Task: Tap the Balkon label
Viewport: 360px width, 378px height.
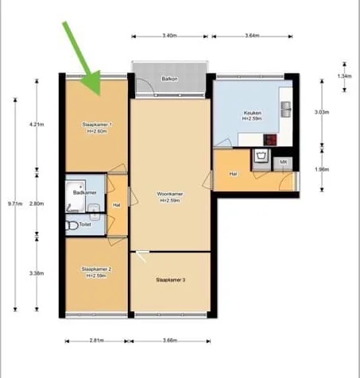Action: (169, 79)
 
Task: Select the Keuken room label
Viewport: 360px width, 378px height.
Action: (253, 114)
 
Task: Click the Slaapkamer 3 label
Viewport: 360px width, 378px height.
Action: (171, 280)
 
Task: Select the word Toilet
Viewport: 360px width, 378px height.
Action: (85, 225)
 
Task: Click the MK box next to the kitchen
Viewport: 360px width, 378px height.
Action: (282, 162)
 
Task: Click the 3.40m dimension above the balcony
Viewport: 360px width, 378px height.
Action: (169, 37)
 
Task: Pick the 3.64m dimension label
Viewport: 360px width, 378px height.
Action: (254, 37)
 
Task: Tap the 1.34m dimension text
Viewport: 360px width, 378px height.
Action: (344, 76)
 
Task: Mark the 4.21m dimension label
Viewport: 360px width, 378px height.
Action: (37, 125)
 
